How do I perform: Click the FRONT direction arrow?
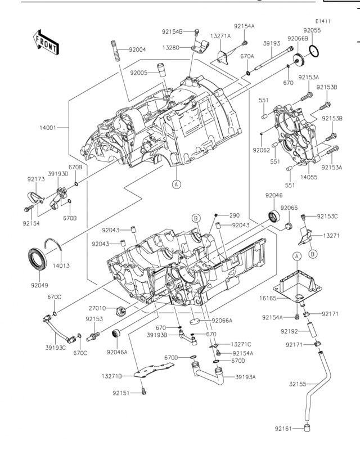(x=46, y=42)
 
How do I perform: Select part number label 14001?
(x=48, y=128)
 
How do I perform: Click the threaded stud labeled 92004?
(x=114, y=51)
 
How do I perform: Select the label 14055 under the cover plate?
(x=309, y=177)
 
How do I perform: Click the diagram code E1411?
(x=323, y=21)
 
